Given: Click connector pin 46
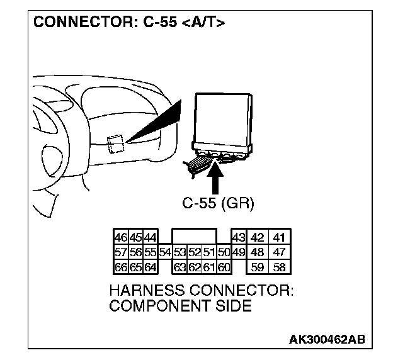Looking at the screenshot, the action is (x=119, y=238).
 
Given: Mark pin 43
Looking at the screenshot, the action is (x=238, y=238).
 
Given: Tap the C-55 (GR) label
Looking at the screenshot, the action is (x=214, y=203).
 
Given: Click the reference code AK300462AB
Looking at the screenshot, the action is (x=326, y=340).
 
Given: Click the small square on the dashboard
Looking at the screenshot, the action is (x=115, y=144).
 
